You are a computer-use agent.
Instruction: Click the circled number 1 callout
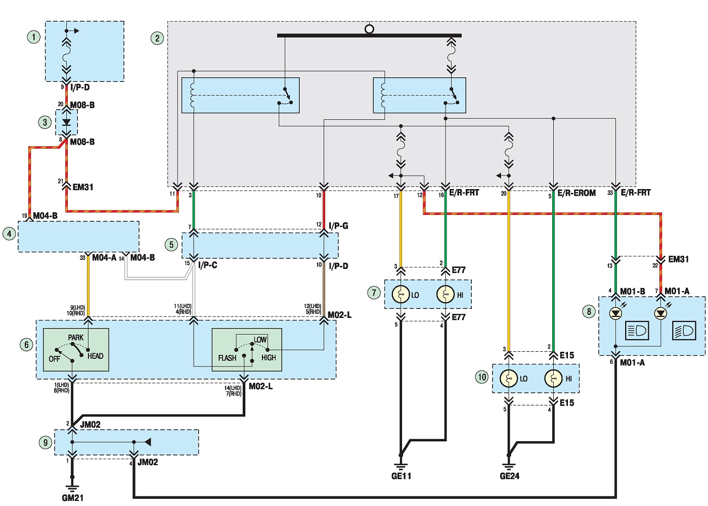(34, 37)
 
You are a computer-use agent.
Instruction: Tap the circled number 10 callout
(481, 377)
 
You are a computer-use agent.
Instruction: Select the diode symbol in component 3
(66, 122)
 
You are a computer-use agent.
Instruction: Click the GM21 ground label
(73, 498)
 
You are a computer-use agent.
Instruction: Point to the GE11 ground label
(401, 476)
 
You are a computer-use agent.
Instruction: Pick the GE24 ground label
(510, 476)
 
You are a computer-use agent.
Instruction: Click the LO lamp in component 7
(401, 294)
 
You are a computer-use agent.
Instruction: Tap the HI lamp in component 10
(553, 379)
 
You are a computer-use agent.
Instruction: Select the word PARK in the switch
(76, 337)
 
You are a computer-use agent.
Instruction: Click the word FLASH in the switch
(227, 358)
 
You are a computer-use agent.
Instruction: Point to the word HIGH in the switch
(269, 357)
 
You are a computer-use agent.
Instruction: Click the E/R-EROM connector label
(577, 193)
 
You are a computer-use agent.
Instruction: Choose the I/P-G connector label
(338, 226)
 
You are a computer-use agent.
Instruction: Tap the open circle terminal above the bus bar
(369, 29)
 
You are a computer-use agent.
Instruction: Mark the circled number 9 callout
(46, 442)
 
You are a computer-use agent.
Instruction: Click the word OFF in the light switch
(55, 359)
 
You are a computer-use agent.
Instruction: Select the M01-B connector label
(633, 291)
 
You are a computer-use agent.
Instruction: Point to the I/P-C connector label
(208, 265)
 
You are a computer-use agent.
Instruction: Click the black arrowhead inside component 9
(148, 442)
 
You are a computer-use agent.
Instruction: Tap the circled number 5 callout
(171, 245)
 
